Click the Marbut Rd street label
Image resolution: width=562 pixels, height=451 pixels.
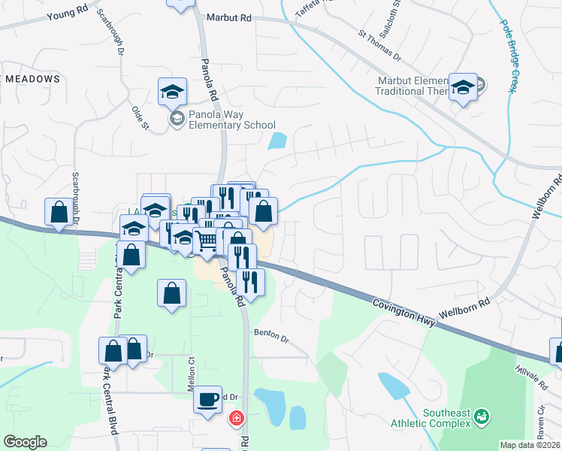pyautogui.click(x=229, y=17)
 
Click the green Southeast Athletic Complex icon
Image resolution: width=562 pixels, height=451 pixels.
pyautogui.click(x=480, y=414)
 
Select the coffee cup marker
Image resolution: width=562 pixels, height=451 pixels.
pyautogui.click(x=207, y=398)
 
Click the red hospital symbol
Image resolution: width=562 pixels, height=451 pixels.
pyautogui.click(x=237, y=417)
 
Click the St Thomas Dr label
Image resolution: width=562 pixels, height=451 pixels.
pyautogui.click(x=380, y=46)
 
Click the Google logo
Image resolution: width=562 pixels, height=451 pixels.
pyautogui.click(x=25, y=442)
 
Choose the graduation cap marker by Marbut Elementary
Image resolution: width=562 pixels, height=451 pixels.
pyautogui.click(x=464, y=88)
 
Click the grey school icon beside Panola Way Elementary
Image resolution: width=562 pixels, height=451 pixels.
pyautogui.click(x=177, y=119)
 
